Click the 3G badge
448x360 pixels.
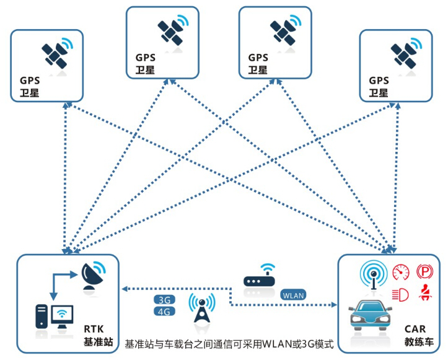[164, 299]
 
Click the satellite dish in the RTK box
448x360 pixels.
[92, 277]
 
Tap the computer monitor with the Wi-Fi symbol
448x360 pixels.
[62, 317]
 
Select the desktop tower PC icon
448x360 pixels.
[40, 315]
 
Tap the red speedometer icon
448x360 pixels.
[402, 272]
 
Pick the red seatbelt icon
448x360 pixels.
[425, 294]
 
